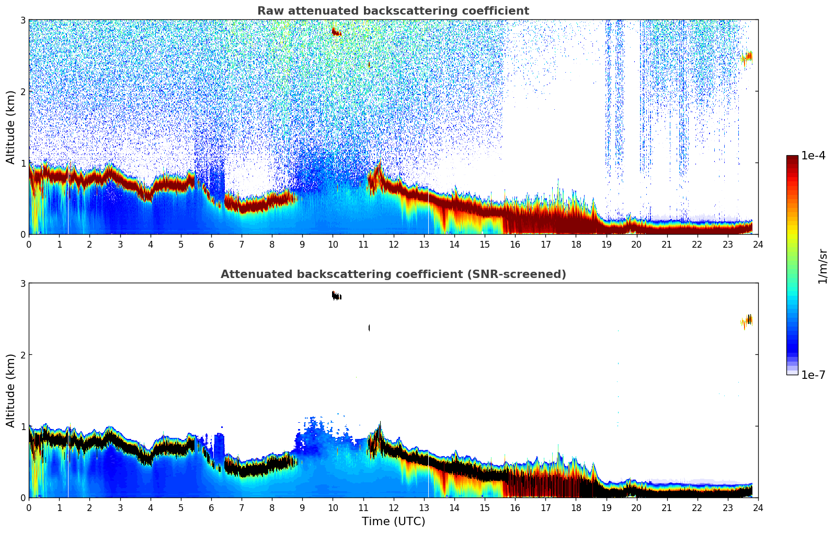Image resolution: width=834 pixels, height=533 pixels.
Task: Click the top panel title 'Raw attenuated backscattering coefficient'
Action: (x=393, y=11)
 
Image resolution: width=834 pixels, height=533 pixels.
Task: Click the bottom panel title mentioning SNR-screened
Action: (x=393, y=274)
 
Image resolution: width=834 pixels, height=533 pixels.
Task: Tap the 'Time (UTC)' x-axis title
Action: (x=393, y=522)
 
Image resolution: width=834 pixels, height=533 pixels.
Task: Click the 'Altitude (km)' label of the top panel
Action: (x=11, y=127)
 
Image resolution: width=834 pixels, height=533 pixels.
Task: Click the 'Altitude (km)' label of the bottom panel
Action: (x=11, y=390)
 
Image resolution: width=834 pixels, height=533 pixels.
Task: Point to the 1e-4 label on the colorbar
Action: (x=813, y=156)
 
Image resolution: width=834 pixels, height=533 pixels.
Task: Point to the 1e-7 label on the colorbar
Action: (x=813, y=375)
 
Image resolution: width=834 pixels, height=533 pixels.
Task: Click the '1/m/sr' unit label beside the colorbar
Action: (x=822, y=266)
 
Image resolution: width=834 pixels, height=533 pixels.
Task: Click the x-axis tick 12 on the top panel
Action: (x=393, y=244)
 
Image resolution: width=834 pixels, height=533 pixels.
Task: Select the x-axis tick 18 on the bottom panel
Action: (x=576, y=507)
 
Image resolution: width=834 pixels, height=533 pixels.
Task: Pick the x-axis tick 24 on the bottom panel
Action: (x=758, y=507)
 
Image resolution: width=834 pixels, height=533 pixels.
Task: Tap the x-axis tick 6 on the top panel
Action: (x=211, y=244)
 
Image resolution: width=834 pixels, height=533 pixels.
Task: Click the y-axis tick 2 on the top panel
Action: (x=23, y=91)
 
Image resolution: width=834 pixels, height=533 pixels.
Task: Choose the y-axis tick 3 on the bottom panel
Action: (x=23, y=283)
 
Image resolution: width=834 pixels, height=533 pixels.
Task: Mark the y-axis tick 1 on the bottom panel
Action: (x=23, y=426)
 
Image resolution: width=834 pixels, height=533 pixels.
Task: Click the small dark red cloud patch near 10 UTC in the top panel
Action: (x=336, y=32)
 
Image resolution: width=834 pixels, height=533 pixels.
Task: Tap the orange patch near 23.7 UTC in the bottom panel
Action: (x=748, y=320)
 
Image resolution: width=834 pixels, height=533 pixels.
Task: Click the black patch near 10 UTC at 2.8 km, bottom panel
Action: (x=336, y=296)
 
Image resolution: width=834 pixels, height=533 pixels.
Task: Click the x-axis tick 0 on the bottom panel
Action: (x=29, y=507)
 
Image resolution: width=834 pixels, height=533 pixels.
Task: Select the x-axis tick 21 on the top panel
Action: (x=667, y=244)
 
